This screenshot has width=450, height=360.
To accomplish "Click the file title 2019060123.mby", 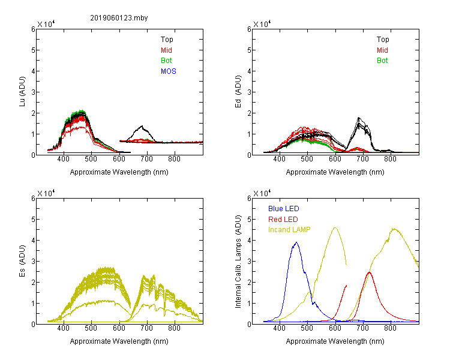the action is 119,18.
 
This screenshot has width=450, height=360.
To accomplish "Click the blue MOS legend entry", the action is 169,71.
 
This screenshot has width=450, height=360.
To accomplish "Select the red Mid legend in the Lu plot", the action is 166,50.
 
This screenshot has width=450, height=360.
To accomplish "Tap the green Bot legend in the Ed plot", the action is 382,61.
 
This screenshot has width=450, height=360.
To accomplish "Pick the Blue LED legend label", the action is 284,209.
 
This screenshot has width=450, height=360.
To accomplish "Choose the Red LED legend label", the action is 283,220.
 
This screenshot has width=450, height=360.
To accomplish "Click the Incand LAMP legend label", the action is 289,230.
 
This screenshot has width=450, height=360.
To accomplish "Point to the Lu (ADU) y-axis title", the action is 22,91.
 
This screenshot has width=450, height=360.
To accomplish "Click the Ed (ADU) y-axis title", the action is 238,91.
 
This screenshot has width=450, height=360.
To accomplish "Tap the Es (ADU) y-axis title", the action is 22,260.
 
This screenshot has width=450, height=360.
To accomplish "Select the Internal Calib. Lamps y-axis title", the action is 238,262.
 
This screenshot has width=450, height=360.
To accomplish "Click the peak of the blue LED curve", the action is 296,242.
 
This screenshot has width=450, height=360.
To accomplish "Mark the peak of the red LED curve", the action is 369,272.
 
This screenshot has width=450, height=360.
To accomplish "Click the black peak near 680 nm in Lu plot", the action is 142,126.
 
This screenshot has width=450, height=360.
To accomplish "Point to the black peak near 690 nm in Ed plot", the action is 359,118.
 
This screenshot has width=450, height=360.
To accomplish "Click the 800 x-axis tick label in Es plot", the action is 174,328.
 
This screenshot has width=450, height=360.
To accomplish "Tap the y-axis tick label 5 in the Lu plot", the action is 33,50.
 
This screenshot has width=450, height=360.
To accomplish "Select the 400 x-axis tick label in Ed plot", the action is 279,159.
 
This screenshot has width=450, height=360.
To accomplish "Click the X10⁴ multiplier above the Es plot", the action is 46,193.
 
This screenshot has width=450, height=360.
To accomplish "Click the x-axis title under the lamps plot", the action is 335,341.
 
